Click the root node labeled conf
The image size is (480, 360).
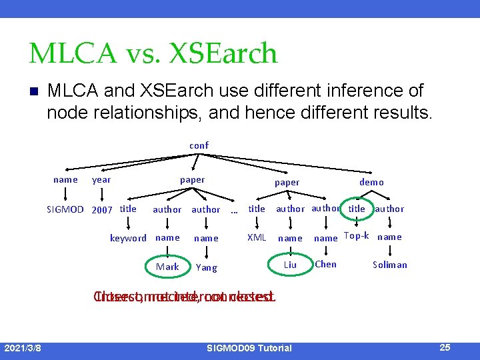199,145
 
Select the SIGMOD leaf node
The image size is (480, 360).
65,209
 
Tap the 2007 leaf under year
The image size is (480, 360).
101,209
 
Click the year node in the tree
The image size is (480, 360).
101,180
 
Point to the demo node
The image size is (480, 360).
371,182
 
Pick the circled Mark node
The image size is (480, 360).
167,267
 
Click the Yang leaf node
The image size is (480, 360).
207,267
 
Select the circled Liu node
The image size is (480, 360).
290,265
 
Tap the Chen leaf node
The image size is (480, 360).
325,264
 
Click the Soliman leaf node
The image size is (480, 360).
390,265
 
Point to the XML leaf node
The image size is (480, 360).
257,237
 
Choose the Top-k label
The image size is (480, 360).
356,236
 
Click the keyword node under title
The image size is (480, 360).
128,238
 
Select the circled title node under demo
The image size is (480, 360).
357,209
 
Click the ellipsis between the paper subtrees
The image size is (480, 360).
234,211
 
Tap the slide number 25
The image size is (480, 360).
445,347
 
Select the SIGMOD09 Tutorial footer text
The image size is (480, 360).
249,348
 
